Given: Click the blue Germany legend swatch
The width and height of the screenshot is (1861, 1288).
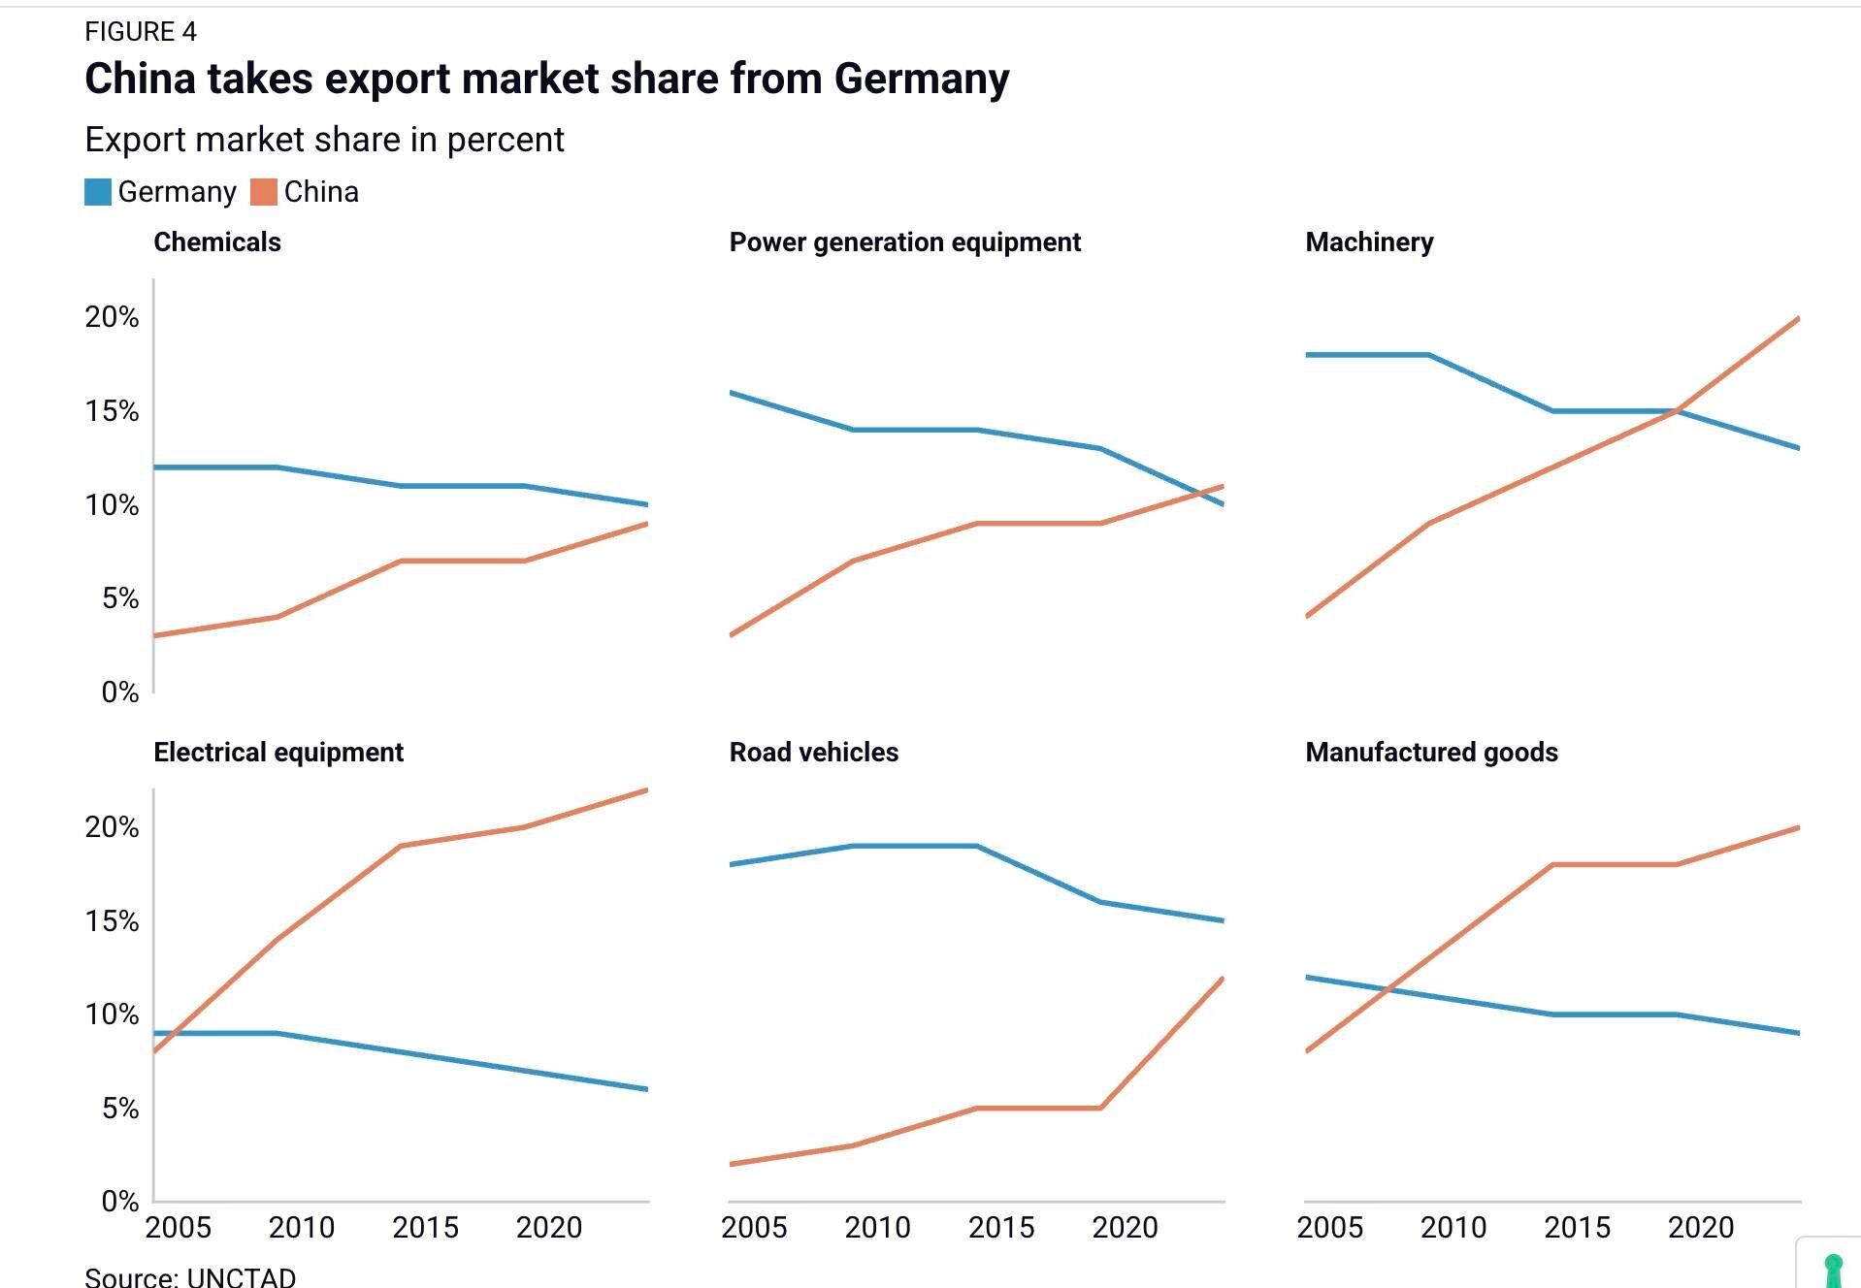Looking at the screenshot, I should [98, 192].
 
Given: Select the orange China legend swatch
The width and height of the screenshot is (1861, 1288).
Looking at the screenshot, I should [264, 192].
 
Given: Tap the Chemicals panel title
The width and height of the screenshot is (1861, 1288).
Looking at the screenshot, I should [217, 242].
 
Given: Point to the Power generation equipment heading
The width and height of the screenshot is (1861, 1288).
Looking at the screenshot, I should [904, 242].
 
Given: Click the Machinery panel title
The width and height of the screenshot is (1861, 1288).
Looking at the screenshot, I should [1369, 242].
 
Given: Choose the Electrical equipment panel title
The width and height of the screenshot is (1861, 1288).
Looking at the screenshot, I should [278, 753].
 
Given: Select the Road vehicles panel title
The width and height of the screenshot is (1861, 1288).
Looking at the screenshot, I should [813, 753].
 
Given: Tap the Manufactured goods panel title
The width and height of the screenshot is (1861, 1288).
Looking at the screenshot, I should [1431, 753].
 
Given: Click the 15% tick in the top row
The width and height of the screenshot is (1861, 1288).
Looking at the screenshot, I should [112, 411].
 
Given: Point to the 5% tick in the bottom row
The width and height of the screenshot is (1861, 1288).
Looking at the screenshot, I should [119, 1109].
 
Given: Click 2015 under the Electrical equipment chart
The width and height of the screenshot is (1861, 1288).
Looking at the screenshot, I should [425, 1228].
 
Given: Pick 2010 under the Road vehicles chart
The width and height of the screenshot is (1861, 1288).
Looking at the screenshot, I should [877, 1228].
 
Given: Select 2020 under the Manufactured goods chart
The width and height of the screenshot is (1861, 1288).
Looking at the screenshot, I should [1700, 1228].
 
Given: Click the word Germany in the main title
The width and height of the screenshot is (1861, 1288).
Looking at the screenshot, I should [921, 79].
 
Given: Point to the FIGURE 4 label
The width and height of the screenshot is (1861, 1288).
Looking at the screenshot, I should [141, 32].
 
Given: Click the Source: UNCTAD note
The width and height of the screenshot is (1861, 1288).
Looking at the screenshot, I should [190, 1276].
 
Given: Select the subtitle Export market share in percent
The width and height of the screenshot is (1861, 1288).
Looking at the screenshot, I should [324, 140].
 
